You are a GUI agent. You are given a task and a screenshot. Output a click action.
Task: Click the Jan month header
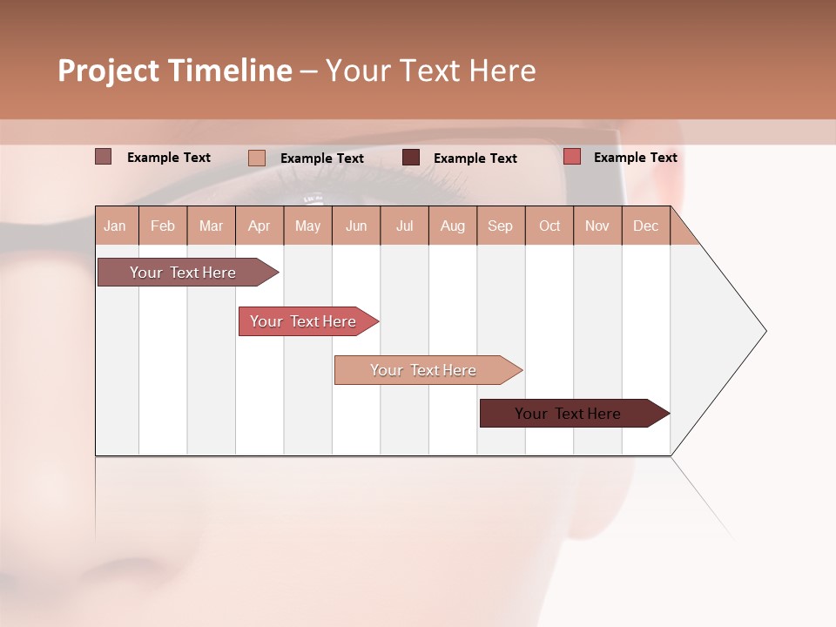click(115, 226)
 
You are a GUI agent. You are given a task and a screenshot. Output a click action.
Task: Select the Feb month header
click(163, 226)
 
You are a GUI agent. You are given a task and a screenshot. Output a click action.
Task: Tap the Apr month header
click(259, 226)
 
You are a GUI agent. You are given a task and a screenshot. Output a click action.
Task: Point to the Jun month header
click(356, 226)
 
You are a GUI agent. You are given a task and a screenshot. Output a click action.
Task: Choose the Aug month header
click(452, 226)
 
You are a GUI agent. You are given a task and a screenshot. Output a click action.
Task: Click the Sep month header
click(500, 226)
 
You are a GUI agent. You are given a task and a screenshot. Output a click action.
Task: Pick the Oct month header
click(549, 226)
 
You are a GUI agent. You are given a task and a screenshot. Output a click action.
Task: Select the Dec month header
click(645, 226)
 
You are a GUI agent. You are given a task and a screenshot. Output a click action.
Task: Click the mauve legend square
click(103, 157)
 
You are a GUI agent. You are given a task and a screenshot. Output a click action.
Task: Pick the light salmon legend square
click(256, 158)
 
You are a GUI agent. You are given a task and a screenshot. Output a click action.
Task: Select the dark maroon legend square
click(411, 158)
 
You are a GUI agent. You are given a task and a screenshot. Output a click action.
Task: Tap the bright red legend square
click(571, 157)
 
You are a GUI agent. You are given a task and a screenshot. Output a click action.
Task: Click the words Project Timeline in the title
click(175, 71)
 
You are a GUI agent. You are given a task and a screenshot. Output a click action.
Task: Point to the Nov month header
click(597, 226)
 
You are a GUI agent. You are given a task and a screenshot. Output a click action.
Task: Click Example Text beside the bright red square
click(635, 157)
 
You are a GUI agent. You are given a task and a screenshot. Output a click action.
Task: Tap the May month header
click(307, 226)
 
